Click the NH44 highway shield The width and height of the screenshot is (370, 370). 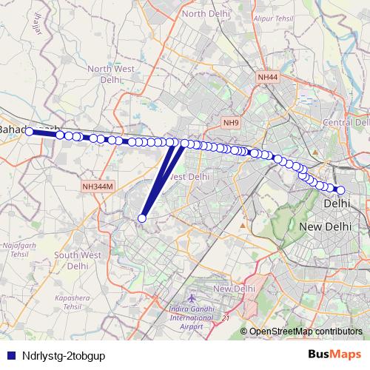[x=267, y=77]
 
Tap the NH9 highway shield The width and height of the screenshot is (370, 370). [x=232, y=122]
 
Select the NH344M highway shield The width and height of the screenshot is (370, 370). [x=98, y=188]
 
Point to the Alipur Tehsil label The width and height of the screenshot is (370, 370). [x=274, y=18]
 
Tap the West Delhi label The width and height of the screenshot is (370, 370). [x=187, y=177]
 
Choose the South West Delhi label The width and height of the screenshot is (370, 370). [x=77, y=260]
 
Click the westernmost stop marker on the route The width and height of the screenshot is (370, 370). [x=30, y=132]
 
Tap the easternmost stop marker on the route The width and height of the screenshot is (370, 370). [x=340, y=190]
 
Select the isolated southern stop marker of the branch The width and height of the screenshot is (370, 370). [x=141, y=218]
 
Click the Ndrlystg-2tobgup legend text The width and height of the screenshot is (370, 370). [x=64, y=355]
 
